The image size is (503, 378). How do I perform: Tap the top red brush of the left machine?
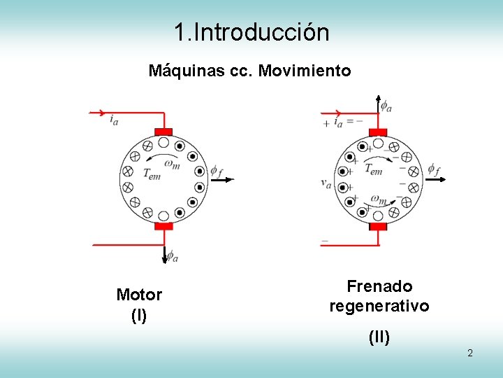(163, 132)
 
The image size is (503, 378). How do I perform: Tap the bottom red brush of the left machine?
(163, 226)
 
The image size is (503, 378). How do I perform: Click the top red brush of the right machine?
(378, 132)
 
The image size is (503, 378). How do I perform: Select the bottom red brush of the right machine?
(378, 226)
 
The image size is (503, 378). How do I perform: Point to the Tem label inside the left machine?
(152, 174)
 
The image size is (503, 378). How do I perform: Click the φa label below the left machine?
(172, 255)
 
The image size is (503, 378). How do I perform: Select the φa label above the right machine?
(386, 106)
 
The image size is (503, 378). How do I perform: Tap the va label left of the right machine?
(326, 183)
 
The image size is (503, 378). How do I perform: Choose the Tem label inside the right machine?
(373, 169)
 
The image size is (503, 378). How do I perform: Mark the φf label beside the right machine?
(434, 169)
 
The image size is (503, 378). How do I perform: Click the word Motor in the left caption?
(139, 295)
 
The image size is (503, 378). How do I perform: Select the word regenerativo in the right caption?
(379, 307)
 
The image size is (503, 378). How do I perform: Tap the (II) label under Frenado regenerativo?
(379, 338)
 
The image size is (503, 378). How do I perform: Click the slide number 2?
(470, 353)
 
